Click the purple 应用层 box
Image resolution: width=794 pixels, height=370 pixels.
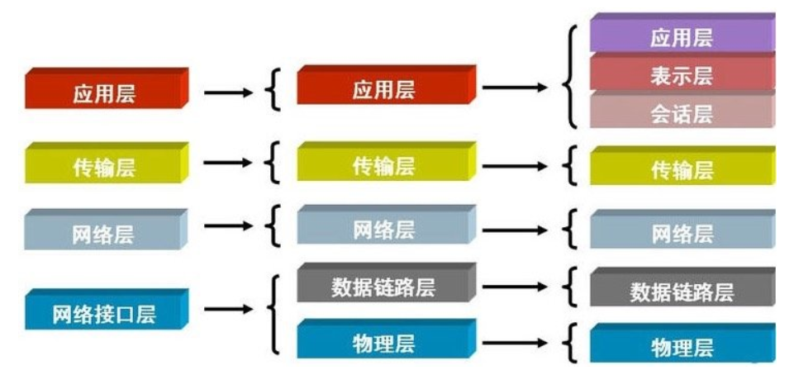point(682,32)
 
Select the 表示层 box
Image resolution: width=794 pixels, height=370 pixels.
point(682,72)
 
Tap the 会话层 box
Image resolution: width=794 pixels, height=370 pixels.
point(682,110)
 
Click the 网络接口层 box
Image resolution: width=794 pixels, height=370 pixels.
point(107,309)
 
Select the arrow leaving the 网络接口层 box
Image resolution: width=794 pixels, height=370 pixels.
point(228,309)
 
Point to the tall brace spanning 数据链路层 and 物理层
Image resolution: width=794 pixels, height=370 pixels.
point(273,314)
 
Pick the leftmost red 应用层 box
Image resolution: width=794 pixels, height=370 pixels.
point(107,88)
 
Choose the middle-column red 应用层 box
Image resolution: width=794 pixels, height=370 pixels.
point(387,84)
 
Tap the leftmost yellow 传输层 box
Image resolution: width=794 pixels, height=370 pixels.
point(107,163)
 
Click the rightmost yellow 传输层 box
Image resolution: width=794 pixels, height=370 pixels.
point(682,165)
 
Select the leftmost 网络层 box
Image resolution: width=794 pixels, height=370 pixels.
point(107,230)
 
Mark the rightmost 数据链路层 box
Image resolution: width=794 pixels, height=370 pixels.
point(682,287)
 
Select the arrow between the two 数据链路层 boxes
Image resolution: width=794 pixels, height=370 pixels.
point(515,287)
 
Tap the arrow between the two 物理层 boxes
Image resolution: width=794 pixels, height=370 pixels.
point(515,344)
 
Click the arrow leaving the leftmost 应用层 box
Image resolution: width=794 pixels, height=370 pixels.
point(228,92)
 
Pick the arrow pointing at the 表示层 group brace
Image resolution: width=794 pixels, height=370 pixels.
point(515,88)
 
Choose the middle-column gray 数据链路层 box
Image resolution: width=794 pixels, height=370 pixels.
point(387,282)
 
